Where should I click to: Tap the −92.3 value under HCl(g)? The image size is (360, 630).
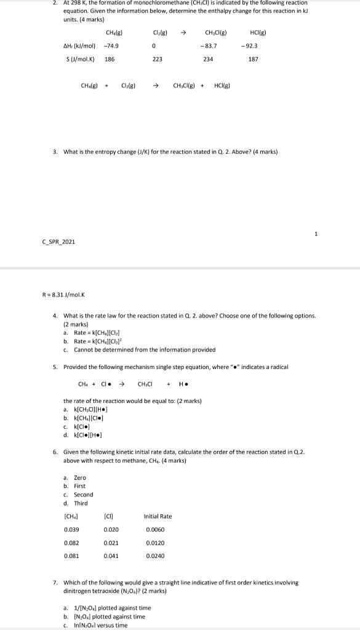click(x=251, y=46)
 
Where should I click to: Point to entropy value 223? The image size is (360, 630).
click(x=157, y=59)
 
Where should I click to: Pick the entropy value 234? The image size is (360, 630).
click(x=208, y=59)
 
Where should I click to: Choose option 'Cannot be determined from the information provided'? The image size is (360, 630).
click(x=145, y=349)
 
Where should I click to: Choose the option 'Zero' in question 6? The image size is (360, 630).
click(x=80, y=477)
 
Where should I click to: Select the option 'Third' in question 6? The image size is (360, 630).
click(x=81, y=503)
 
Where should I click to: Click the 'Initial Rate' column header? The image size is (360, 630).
click(x=158, y=516)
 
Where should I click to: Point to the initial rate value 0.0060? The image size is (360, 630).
click(x=155, y=530)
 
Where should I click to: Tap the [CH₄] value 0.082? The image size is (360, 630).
click(x=71, y=543)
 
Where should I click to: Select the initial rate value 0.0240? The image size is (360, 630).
click(x=155, y=556)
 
